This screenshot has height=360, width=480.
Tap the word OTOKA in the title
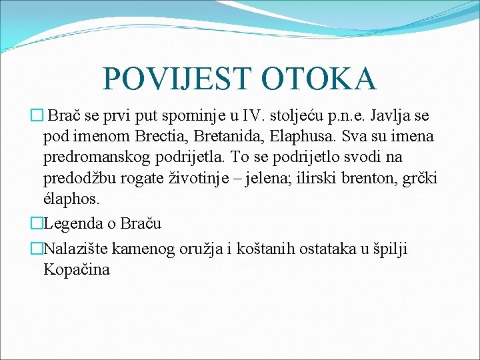pos(319,79)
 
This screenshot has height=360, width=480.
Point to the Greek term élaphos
pos(71,199)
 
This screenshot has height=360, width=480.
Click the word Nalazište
pos(75,249)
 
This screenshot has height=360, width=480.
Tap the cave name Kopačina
pos(77,269)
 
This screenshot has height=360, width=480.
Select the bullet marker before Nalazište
pos(37,249)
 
